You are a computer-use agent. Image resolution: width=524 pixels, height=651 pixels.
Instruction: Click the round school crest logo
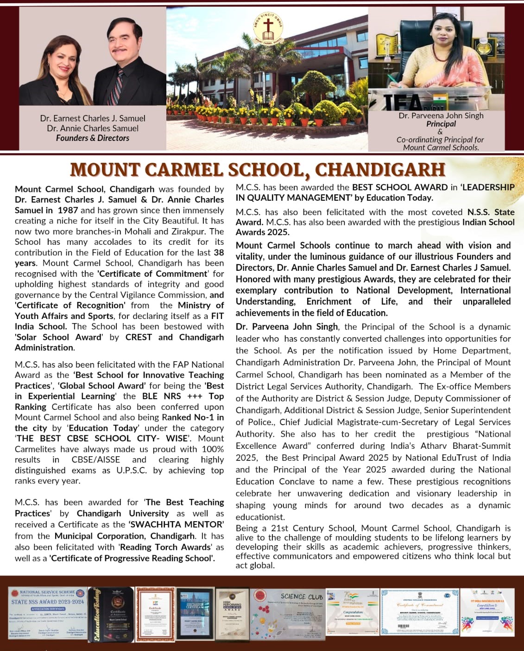[267, 29]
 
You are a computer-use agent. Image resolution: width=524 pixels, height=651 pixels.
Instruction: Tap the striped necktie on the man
[116, 86]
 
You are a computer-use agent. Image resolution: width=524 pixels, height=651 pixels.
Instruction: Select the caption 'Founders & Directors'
[93, 138]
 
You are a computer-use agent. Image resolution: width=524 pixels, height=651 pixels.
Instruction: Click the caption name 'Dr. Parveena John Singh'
[441, 115]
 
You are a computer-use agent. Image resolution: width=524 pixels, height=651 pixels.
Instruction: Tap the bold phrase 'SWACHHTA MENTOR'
[176, 524]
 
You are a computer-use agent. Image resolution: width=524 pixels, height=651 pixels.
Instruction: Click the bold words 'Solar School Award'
[58, 337]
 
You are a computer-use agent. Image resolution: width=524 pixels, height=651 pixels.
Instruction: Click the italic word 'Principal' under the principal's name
[441, 124]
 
